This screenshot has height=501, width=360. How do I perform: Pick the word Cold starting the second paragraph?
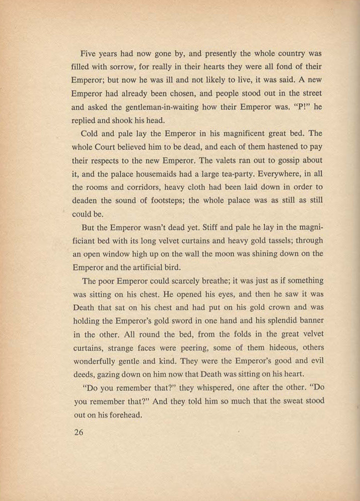(x=90, y=134)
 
